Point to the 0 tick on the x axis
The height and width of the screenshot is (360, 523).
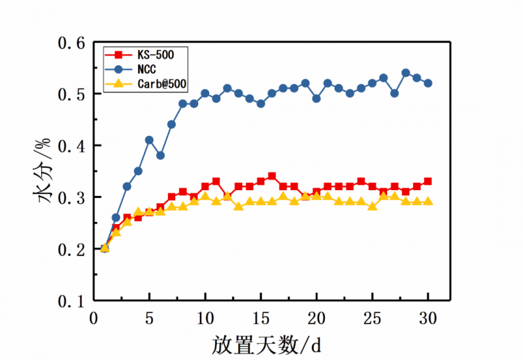[x=93, y=318]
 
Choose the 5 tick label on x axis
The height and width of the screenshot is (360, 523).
[x=149, y=318]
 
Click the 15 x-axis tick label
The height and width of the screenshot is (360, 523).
[x=261, y=318]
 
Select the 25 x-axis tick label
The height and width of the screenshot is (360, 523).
[x=372, y=318]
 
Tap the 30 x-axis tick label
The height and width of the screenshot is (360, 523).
[x=428, y=318]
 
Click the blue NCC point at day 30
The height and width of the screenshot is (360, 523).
[x=428, y=83]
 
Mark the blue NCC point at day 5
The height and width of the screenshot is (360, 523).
[x=149, y=140]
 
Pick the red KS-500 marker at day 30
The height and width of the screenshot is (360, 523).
[x=428, y=181]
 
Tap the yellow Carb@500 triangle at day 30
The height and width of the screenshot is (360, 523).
[x=428, y=201]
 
